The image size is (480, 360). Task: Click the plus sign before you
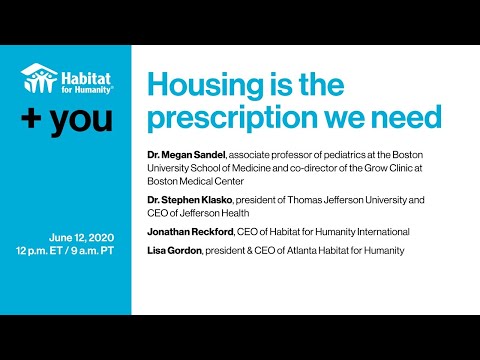[x=34, y=120]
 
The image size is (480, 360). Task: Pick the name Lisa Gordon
[x=177, y=250]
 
